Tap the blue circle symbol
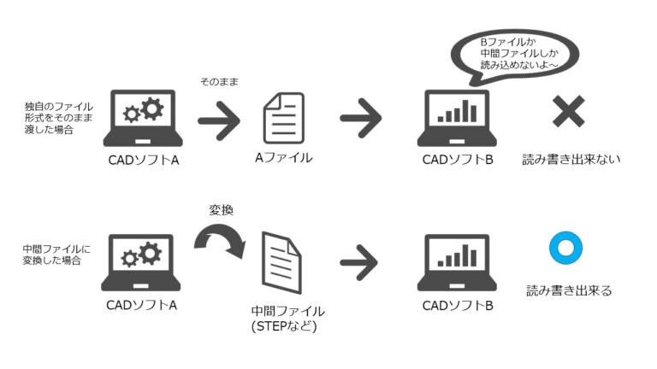565,249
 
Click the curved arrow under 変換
219,240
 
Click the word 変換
222,208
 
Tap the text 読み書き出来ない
571,159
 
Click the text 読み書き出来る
569,290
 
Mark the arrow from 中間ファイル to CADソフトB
361,260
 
